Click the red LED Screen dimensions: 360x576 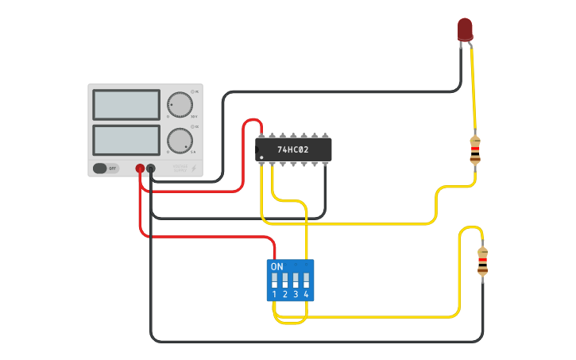point(465,29)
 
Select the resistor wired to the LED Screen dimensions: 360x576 point(475,149)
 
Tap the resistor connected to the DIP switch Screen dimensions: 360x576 point(482,261)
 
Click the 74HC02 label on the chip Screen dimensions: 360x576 point(292,149)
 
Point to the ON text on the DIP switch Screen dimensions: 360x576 point(277,266)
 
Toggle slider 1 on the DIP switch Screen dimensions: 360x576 point(274,280)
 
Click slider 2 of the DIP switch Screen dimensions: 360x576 point(284,280)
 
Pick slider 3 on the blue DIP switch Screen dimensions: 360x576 point(296,280)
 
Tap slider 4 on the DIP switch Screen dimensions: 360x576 point(306,280)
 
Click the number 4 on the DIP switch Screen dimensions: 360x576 point(306,295)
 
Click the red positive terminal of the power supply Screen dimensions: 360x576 point(140,168)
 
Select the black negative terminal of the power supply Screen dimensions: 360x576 point(151,168)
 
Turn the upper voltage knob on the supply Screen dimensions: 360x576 point(180,105)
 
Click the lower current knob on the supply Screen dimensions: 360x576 point(180,140)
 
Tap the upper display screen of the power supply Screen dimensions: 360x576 point(126,105)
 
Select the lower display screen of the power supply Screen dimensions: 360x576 point(126,140)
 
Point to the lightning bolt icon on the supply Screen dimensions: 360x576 point(194,168)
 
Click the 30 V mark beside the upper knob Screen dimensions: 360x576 point(194,118)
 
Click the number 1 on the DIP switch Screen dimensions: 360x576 point(274,295)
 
